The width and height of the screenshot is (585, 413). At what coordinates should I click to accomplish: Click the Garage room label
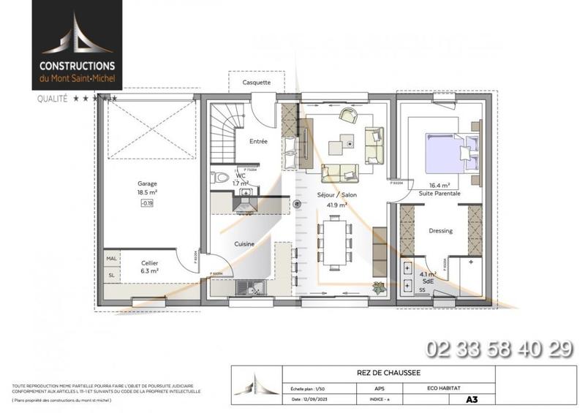148,183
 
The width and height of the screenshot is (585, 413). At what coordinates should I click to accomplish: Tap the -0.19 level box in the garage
148,203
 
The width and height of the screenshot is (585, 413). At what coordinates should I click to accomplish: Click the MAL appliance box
112,258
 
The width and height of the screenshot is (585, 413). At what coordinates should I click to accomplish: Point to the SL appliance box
112,276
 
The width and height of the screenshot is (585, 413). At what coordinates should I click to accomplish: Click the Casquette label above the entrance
256,83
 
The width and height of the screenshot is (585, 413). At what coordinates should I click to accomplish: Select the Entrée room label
259,141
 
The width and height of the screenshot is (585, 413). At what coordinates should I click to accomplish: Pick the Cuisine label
244,244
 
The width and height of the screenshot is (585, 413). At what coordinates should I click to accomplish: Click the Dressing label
441,231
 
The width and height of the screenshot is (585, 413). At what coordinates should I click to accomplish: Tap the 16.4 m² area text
439,186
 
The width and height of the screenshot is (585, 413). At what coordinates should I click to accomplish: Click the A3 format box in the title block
480,400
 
